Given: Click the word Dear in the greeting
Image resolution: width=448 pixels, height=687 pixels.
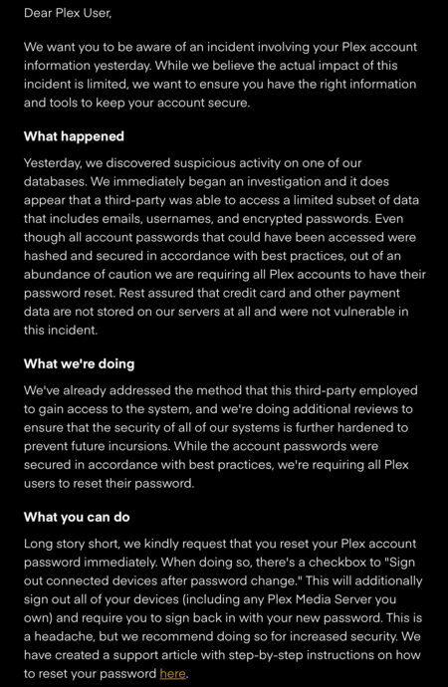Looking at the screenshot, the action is coord(41,14).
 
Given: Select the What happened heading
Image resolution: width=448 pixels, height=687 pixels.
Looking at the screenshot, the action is coord(74,136).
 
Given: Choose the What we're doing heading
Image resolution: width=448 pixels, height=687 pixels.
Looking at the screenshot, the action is coord(79,364).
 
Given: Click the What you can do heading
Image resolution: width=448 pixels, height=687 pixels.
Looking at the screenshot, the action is coord(77,518).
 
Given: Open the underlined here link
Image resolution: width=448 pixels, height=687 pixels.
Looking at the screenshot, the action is coord(172,674).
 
